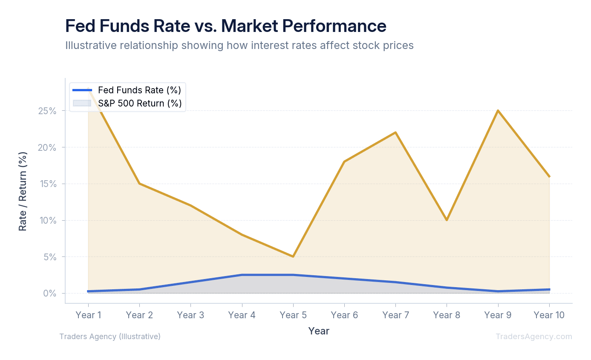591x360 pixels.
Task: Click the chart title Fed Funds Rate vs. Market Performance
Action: (225, 26)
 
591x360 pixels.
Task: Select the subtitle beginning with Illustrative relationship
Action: (239, 46)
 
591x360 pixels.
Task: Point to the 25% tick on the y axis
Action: (47, 111)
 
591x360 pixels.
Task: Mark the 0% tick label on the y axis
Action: (49, 294)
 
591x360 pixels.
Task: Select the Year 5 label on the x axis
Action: (293, 315)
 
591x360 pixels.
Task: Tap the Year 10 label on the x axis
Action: (549, 315)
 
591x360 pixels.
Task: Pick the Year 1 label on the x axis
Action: (88, 315)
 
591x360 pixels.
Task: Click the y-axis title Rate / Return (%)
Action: (23, 191)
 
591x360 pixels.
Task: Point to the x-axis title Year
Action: (319, 331)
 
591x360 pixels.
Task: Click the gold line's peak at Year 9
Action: (498, 111)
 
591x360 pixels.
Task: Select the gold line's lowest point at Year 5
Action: (293, 256)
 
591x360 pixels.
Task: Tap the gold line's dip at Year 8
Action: (447, 220)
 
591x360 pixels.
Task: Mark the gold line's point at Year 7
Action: (395, 132)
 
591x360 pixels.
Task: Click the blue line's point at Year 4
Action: (242, 275)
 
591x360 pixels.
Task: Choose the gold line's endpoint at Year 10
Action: (549, 176)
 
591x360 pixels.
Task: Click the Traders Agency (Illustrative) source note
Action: (110, 337)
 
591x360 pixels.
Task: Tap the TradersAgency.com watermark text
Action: (533, 337)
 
